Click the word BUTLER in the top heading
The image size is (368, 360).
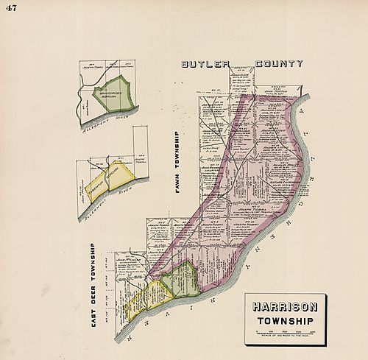208,64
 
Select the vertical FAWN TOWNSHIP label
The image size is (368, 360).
177,163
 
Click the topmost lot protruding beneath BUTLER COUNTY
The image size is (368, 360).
240,74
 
